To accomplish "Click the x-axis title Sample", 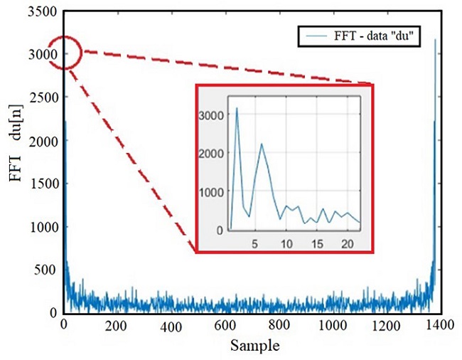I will click(252, 346).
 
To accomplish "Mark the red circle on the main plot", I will click(64, 52).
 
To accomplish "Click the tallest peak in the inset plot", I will click(237, 108).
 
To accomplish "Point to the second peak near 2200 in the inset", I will click(262, 144).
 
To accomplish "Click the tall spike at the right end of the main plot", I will click(435, 41).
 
